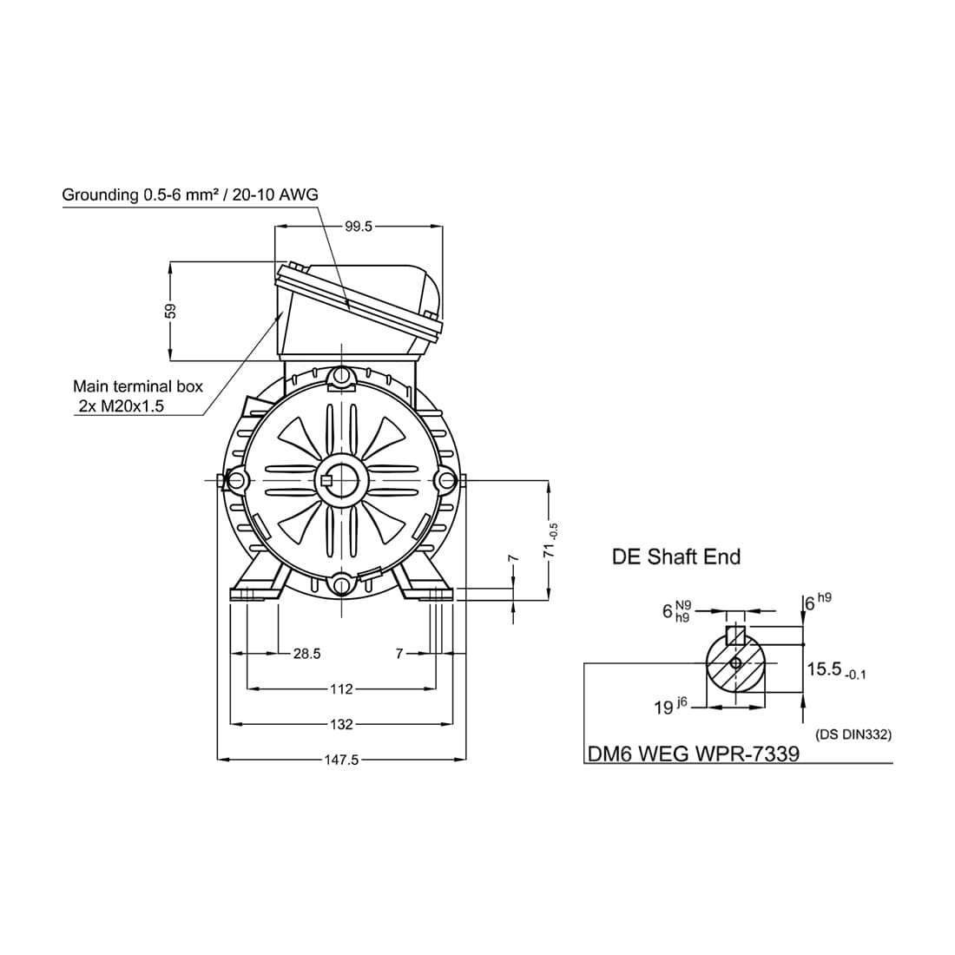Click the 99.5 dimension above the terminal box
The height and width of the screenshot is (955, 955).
(358, 227)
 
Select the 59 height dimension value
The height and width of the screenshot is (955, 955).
(171, 311)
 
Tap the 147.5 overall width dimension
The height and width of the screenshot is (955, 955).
(341, 761)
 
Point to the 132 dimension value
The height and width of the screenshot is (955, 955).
(341, 724)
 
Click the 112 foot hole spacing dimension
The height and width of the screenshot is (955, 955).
(341, 688)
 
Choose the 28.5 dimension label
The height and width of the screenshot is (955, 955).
(306, 654)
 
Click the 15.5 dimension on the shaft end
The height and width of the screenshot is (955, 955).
(836, 670)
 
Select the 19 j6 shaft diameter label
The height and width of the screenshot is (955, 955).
(670, 707)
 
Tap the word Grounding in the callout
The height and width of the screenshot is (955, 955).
(101, 194)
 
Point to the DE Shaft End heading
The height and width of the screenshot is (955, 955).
(676, 557)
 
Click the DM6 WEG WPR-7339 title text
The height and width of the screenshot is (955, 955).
(693, 754)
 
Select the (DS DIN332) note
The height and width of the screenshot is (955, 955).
(853, 734)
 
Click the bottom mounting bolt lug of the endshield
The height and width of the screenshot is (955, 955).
(342, 583)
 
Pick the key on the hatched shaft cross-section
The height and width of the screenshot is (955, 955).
(736, 635)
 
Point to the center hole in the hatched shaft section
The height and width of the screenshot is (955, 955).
(735, 662)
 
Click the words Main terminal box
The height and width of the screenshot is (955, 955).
(138, 386)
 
